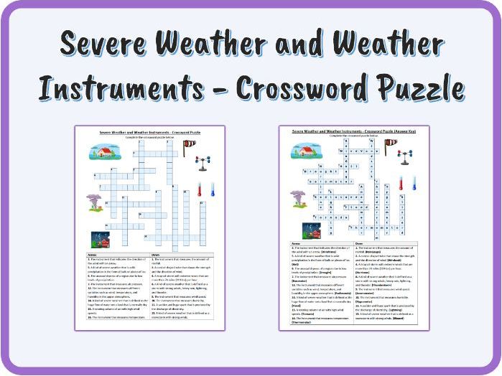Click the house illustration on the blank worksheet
tap(105, 151)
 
